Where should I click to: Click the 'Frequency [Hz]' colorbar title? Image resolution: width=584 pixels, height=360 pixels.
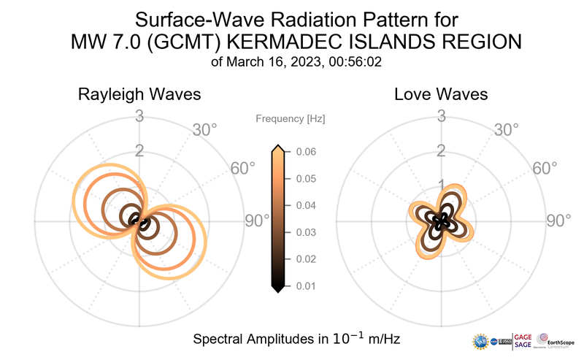pyautogui.click(x=290, y=118)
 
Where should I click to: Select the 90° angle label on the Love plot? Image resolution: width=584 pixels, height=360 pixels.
pyautogui.click(x=558, y=221)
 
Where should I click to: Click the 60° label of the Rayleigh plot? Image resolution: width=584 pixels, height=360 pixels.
pyautogui.click(x=242, y=168)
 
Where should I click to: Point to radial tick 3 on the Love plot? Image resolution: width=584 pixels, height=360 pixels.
pyautogui.click(x=441, y=116)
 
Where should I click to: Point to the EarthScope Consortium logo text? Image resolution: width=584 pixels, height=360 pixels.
pyautogui.click(x=563, y=342)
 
